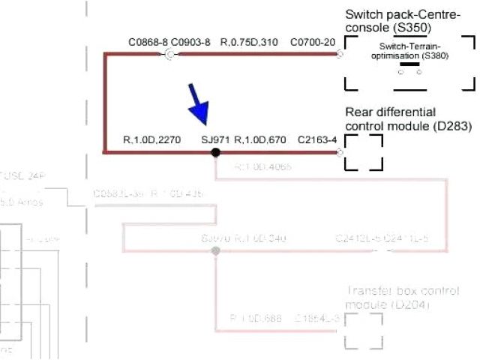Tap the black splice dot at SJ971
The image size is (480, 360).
[215, 152]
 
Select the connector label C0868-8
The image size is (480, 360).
[148, 42]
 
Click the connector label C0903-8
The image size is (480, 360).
[190, 42]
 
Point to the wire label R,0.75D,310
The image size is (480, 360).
[249, 42]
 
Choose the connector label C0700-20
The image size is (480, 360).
[313, 42]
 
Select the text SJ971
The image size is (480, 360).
[216, 139]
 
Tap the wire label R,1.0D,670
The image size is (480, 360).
[260, 139]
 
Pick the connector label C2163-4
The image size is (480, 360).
[317, 139]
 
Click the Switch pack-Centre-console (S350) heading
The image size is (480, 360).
[403, 21]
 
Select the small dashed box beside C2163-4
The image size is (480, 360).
[364, 152]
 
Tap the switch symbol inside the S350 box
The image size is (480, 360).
[409, 68]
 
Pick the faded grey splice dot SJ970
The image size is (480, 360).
[215, 251]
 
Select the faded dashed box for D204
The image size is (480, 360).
[364, 331]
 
